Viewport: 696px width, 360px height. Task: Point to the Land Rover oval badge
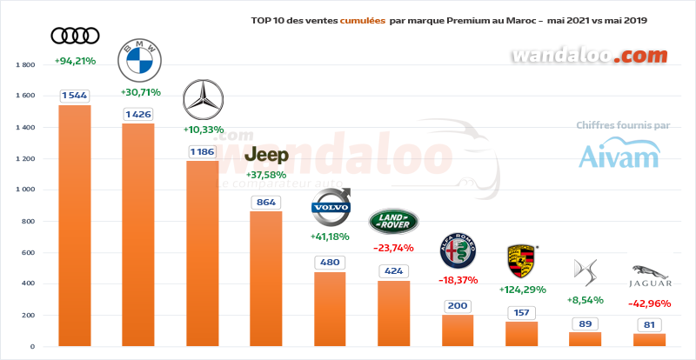click(x=393, y=223)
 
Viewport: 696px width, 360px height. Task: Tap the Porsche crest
click(x=521, y=261)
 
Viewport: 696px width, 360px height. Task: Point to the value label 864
click(x=266, y=203)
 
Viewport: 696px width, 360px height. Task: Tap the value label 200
click(x=458, y=306)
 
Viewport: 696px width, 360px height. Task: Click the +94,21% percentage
click(x=74, y=62)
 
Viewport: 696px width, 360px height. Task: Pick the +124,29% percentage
click(x=522, y=289)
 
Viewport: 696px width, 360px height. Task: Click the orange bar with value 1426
click(x=138, y=235)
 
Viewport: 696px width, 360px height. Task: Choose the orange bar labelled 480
click(x=331, y=309)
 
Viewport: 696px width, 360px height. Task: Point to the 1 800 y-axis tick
click(x=24, y=65)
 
